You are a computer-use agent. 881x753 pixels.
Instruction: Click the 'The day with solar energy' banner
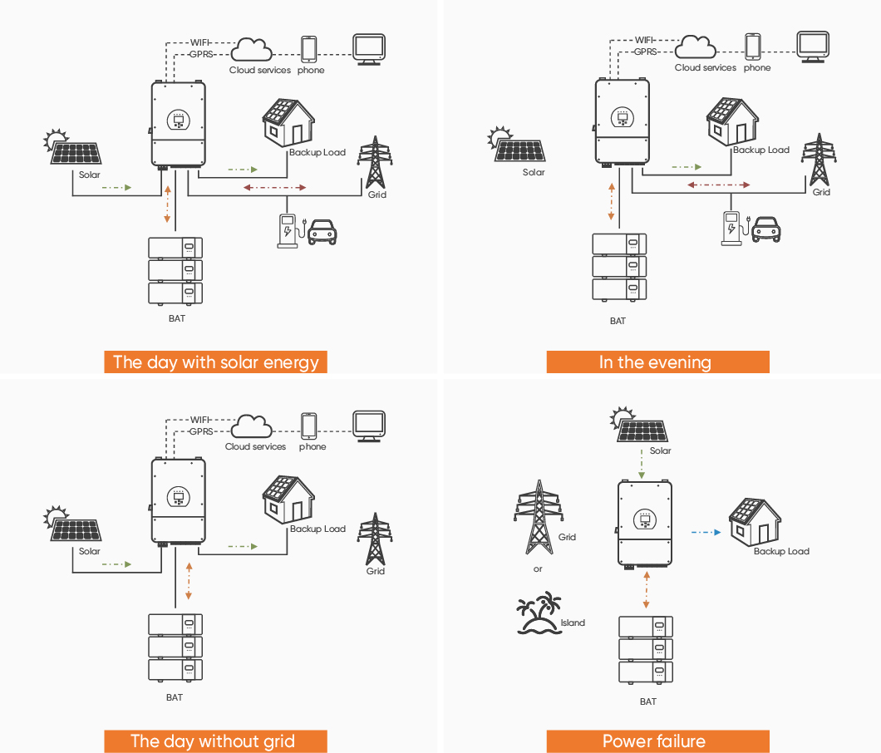point(216,362)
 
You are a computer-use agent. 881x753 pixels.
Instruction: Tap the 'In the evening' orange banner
point(658,362)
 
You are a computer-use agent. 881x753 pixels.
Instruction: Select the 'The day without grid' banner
point(216,741)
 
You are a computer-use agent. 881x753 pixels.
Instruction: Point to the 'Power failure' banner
point(658,741)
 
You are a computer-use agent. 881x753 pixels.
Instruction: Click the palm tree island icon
point(539,613)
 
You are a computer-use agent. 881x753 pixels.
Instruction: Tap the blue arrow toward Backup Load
point(706,532)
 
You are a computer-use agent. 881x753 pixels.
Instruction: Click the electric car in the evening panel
point(765,229)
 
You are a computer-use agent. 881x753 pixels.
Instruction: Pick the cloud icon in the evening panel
point(696,47)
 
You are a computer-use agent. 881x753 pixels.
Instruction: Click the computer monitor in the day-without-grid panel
point(369,426)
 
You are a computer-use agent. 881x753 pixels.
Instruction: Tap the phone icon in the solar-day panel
point(308,49)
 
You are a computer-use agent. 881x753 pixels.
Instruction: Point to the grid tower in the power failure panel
point(539,517)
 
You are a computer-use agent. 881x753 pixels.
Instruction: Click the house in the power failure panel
point(755,522)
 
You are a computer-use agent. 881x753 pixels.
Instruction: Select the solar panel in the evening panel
point(516,145)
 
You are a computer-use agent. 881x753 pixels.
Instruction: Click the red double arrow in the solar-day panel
point(275,188)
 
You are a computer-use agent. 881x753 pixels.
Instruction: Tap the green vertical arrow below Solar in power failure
point(642,464)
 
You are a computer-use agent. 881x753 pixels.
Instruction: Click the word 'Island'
point(573,623)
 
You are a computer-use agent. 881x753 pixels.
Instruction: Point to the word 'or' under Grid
point(538,569)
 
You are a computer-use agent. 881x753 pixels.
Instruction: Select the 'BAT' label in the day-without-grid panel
point(175,697)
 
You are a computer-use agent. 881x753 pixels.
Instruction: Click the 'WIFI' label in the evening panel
point(644,40)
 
